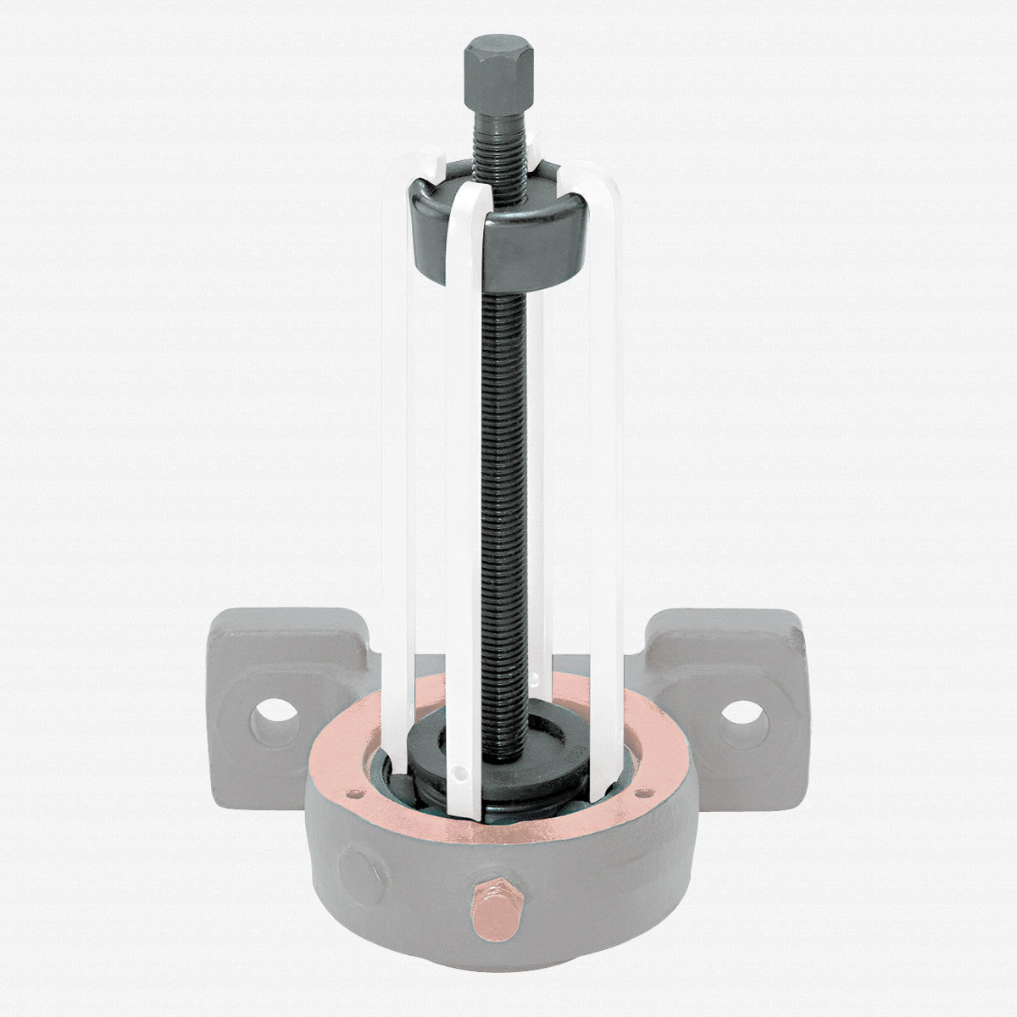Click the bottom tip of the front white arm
(x=464, y=812)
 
